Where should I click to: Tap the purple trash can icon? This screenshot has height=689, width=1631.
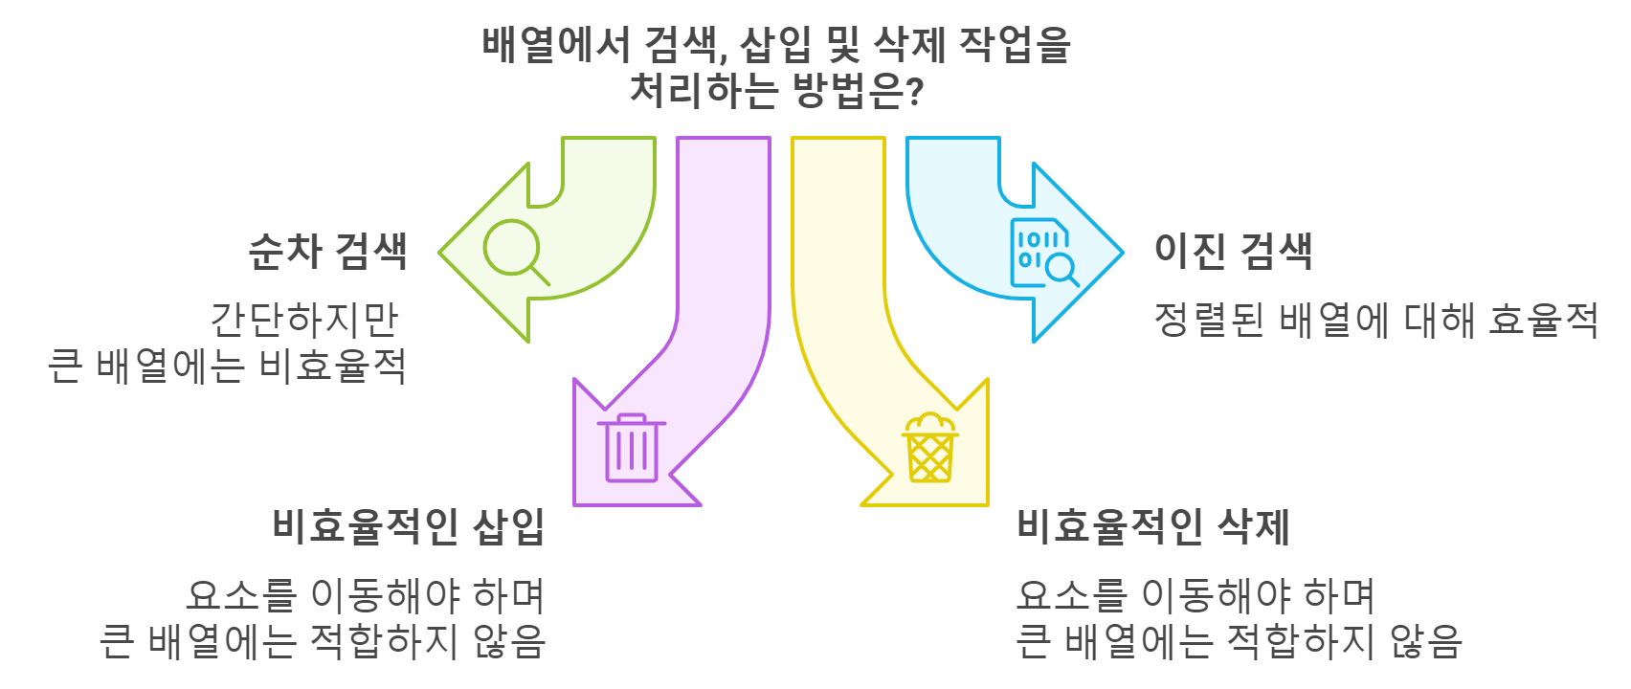[x=631, y=448]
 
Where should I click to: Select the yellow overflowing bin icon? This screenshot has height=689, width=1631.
[x=930, y=448]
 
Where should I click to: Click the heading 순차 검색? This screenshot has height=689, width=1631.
[x=327, y=252]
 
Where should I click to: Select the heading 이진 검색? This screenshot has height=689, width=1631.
[x=1233, y=252]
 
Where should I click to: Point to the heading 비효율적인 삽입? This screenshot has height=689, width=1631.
[x=409, y=526]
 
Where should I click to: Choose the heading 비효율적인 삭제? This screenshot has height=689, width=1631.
[x=1153, y=526]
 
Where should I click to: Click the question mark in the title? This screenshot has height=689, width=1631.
[x=914, y=92]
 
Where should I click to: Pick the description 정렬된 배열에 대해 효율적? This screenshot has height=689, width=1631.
[x=1375, y=320]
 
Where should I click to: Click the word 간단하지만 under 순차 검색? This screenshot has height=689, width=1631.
[x=304, y=320]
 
